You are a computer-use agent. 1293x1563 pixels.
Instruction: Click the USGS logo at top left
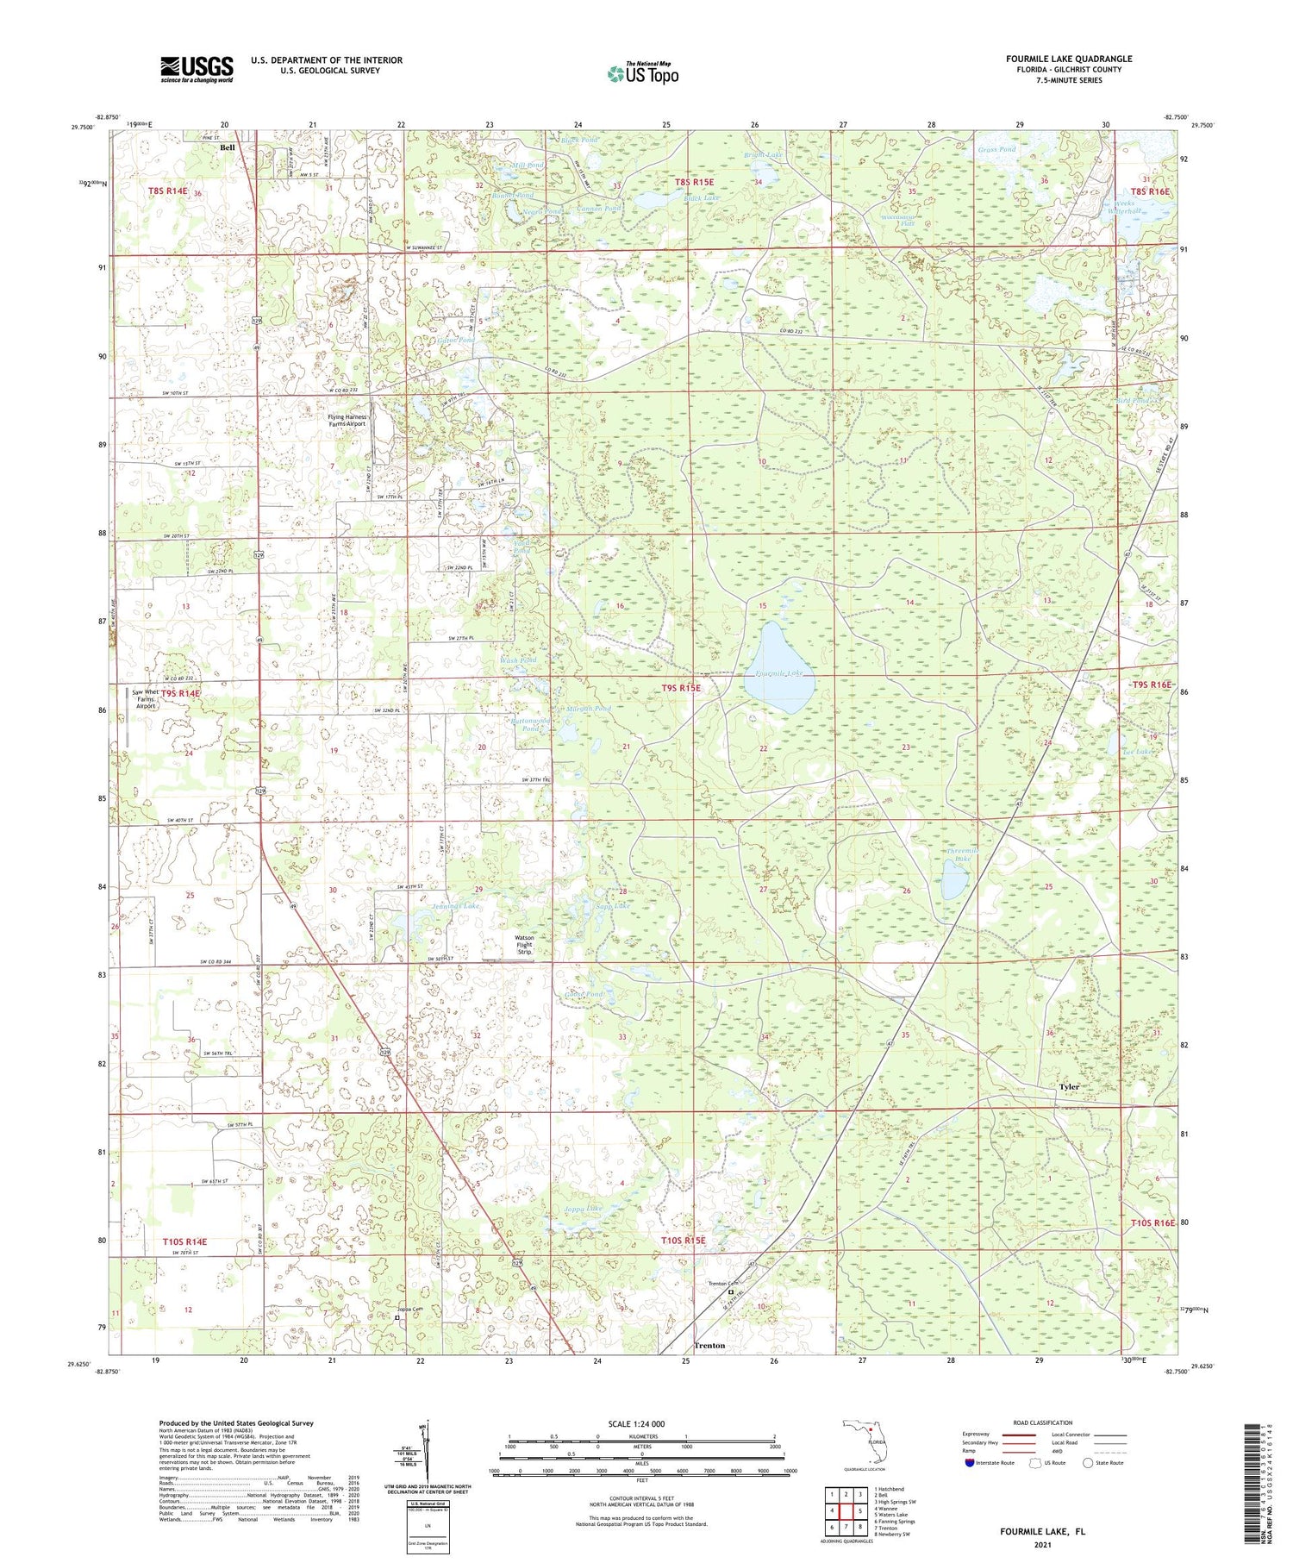tap(197, 69)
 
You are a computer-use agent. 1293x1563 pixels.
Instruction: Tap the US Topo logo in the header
tap(642, 73)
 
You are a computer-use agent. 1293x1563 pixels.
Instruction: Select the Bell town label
tap(228, 147)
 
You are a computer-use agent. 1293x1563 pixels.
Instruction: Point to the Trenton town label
tap(709, 1345)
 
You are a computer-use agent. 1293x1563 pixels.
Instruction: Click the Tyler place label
tap(1069, 1087)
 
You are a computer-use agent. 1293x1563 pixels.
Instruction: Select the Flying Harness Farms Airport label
tap(347, 421)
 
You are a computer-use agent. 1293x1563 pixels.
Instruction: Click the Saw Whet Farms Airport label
tap(146, 698)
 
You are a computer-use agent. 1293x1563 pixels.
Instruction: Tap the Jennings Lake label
tap(455, 907)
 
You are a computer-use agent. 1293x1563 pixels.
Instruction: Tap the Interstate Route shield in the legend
tap(969, 1462)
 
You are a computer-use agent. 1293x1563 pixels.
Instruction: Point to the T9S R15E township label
tap(681, 688)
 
